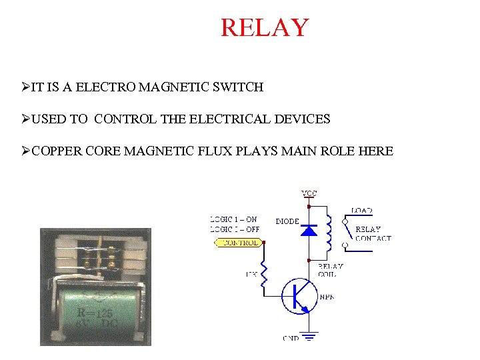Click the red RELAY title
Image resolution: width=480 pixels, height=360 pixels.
click(x=265, y=28)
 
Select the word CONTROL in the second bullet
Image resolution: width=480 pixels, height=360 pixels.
click(x=125, y=120)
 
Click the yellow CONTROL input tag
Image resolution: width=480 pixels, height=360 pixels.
click(x=238, y=243)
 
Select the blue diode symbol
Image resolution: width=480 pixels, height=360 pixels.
click(x=308, y=231)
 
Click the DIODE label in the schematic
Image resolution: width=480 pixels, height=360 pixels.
click(x=287, y=221)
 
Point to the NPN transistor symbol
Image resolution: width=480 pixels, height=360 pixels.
click(x=297, y=297)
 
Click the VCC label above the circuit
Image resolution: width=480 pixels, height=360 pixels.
click(x=309, y=193)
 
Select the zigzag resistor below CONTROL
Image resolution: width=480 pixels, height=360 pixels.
click(x=265, y=277)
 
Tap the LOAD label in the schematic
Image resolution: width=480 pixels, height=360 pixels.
click(x=362, y=211)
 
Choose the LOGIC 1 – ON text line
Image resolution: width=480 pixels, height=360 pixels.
click(x=233, y=219)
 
